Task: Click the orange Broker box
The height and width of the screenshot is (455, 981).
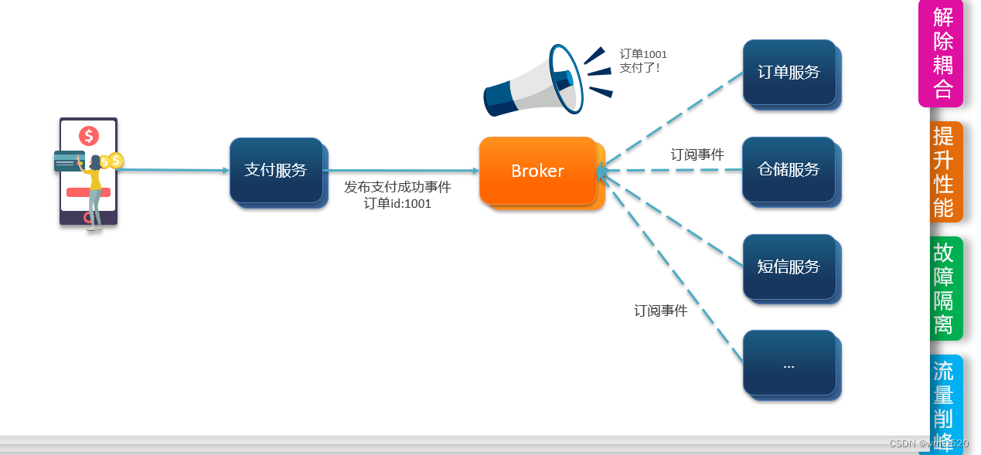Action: [537, 171]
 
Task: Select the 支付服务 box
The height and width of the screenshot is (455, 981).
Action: [276, 170]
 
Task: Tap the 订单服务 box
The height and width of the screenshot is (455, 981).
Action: [789, 73]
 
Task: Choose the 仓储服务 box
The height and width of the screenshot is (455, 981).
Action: [789, 169]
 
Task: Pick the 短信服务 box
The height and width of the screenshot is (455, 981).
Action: [789, 267]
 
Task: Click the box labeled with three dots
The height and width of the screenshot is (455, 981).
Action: [789, 364]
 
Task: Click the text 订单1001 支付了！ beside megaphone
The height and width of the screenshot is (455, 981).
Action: [642, 61]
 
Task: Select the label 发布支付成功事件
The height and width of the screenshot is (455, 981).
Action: [397, 187]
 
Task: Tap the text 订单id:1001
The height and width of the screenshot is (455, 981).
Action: [397, 204]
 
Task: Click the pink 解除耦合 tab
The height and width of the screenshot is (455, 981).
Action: [942, 53]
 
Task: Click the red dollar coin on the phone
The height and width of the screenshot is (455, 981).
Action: [89, 137]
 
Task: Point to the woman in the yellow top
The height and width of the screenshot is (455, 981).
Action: [95, 189]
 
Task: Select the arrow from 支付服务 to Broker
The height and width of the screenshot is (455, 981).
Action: [400, 170]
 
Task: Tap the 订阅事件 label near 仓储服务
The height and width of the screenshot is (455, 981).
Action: [697, 154]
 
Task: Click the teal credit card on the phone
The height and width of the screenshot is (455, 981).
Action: [68, 161]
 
